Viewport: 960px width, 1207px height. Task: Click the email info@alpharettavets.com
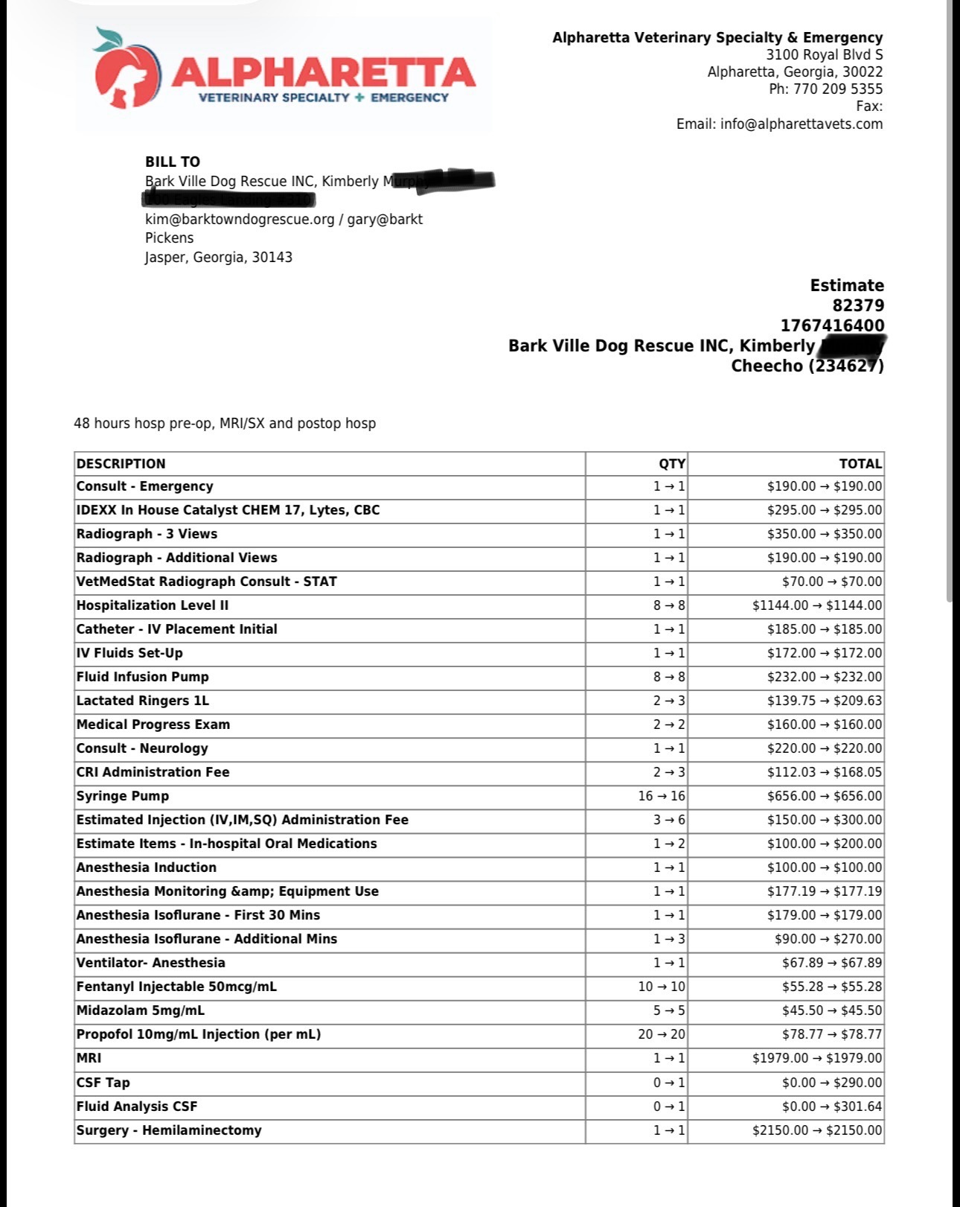click(801, 124)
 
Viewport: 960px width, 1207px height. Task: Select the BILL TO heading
click(173, 162)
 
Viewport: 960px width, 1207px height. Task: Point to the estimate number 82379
click(858, 305)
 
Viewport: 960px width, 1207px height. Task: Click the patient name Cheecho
click(767, 366)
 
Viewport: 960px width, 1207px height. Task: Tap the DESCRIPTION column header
click(121, 464)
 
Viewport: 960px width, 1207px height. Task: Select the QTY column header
click(671, 464)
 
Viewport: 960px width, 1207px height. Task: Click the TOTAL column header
click(860, 464)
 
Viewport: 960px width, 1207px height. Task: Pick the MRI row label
click(89, 1058)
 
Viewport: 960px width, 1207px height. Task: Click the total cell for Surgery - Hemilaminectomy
click(817, 1130)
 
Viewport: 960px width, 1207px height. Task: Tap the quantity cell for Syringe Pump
click(661, 796)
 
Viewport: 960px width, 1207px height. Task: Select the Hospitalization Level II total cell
click(817, 605)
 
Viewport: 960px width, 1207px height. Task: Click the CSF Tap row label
click(103, 1083)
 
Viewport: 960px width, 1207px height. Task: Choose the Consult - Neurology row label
click(142, 748)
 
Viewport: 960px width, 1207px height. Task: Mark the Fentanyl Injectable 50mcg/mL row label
click(176, 987)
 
